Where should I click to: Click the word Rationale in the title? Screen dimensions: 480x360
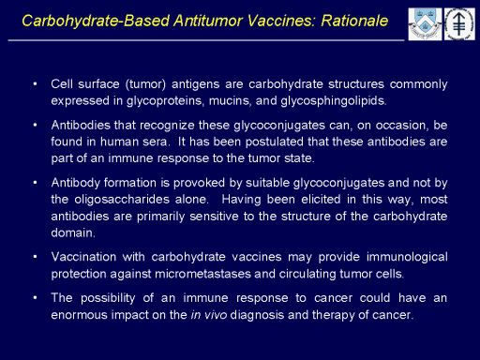click(x=354, y=21)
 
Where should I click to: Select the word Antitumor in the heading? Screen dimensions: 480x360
click(x=208, y=21)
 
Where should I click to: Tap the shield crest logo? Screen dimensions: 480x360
click(x=425, y=24)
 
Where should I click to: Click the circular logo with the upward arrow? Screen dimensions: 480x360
click(x=459, y=24)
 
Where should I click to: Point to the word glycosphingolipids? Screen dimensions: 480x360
click(x=334, y=101)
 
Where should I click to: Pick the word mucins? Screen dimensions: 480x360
click(x=230, y=101)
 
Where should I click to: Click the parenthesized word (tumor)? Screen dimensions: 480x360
click(x=145, y=84)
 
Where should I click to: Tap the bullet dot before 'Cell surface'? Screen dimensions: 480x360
click(x=35, y=84)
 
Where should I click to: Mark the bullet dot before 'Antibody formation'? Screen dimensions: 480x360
click(x=35, y=183)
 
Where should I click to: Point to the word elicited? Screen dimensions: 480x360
click(x=321, y=200)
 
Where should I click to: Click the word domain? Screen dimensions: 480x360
click(x=73, y=232)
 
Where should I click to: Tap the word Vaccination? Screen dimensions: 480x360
click(x=83, y=257)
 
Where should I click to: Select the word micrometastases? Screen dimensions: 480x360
click(x=202, y=274)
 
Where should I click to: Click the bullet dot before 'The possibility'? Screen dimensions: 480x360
click(x=35, y=298)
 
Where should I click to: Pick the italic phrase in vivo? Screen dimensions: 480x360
click(x=209, y=315)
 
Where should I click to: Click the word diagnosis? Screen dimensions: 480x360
click(x=257, y=315)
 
